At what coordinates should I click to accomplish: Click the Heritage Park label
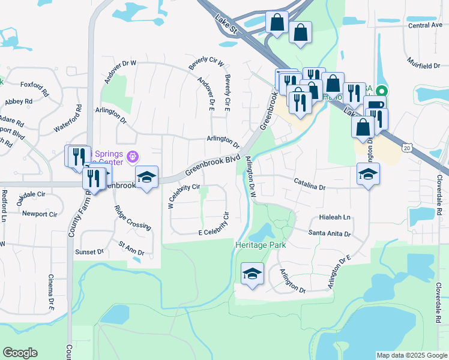pyautogui.click(x=260, y=245)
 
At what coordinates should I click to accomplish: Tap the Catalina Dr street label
pyautogui.click(x=309, y=184)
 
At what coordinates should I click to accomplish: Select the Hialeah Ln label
pyautogui.click(x=335, y=217)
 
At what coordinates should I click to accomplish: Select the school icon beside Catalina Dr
pyautogui.click(x=369, y=174)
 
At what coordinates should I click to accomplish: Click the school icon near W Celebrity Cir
pyautogui.click(x=146, y=177)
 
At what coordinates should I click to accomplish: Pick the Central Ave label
pyautogui.click(x=425, y=26)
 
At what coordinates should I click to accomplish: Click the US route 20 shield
pyautogui.click(x=408, y=148)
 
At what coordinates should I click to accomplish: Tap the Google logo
pyautogui.click(x=20, y=353)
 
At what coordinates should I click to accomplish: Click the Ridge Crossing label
pyautogui.click(x=133, y=218)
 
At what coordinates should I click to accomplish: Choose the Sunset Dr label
pyautogui.click(x=89, y=252)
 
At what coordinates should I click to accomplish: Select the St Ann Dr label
pyautogui.click(x=131, y=248)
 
